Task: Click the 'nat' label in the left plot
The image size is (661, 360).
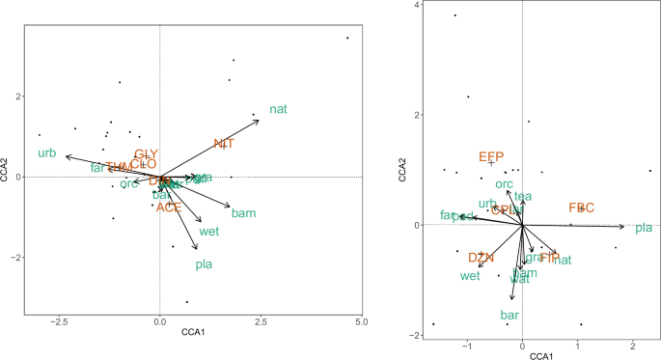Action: tap(278, 109)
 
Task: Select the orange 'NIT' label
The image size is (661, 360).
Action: tap(224, 144)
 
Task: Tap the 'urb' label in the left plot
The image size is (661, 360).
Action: tap(47, 153)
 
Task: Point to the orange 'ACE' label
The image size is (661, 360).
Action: tap(169, 208)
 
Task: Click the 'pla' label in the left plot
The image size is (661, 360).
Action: tap(205, 264)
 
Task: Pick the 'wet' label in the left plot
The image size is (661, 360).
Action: tap(209, 232)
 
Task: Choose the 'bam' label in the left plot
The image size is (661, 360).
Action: tap(243, 212)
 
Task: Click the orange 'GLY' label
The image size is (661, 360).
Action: tap(146, 154)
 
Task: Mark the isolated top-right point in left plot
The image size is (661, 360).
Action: tap(347, 38)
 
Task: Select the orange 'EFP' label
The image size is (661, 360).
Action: tap(491, 156)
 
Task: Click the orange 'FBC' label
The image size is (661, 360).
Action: tap(582, 208)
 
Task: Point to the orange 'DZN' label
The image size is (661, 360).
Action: tap(481, 258)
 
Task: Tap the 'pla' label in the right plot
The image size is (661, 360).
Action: tap(644, 229)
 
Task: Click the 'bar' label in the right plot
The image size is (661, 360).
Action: tap(510, 316)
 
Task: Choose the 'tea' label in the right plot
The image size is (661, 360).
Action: tap(523, 196)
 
